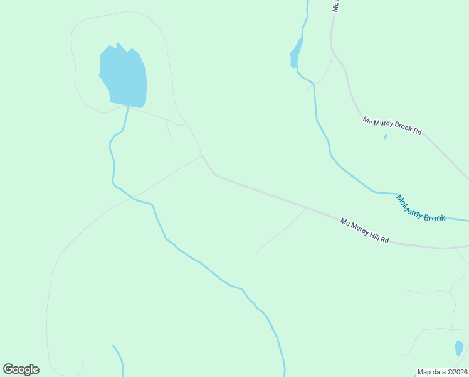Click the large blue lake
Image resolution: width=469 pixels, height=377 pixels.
(124, 75)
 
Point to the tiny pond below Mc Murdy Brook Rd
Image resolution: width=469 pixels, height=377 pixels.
(385, 136)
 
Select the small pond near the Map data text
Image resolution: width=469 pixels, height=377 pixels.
(459, 347)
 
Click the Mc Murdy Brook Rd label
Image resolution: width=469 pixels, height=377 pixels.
(392, 124)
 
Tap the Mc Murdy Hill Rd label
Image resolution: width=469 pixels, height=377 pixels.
(365, 231)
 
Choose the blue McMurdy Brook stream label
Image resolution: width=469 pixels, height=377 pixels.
(420, 209)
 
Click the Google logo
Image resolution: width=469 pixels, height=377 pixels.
(21, 369)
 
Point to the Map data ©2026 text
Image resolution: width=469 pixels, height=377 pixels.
(442, 372)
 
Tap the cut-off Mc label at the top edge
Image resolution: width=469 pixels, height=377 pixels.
(336, 6)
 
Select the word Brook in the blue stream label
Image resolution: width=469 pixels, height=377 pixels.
(434, 217)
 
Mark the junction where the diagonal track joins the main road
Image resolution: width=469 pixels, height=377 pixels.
(202, 156)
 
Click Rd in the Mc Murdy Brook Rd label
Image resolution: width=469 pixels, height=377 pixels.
(417, 132)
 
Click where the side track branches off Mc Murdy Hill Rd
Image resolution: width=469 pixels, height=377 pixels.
(306, 208)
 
